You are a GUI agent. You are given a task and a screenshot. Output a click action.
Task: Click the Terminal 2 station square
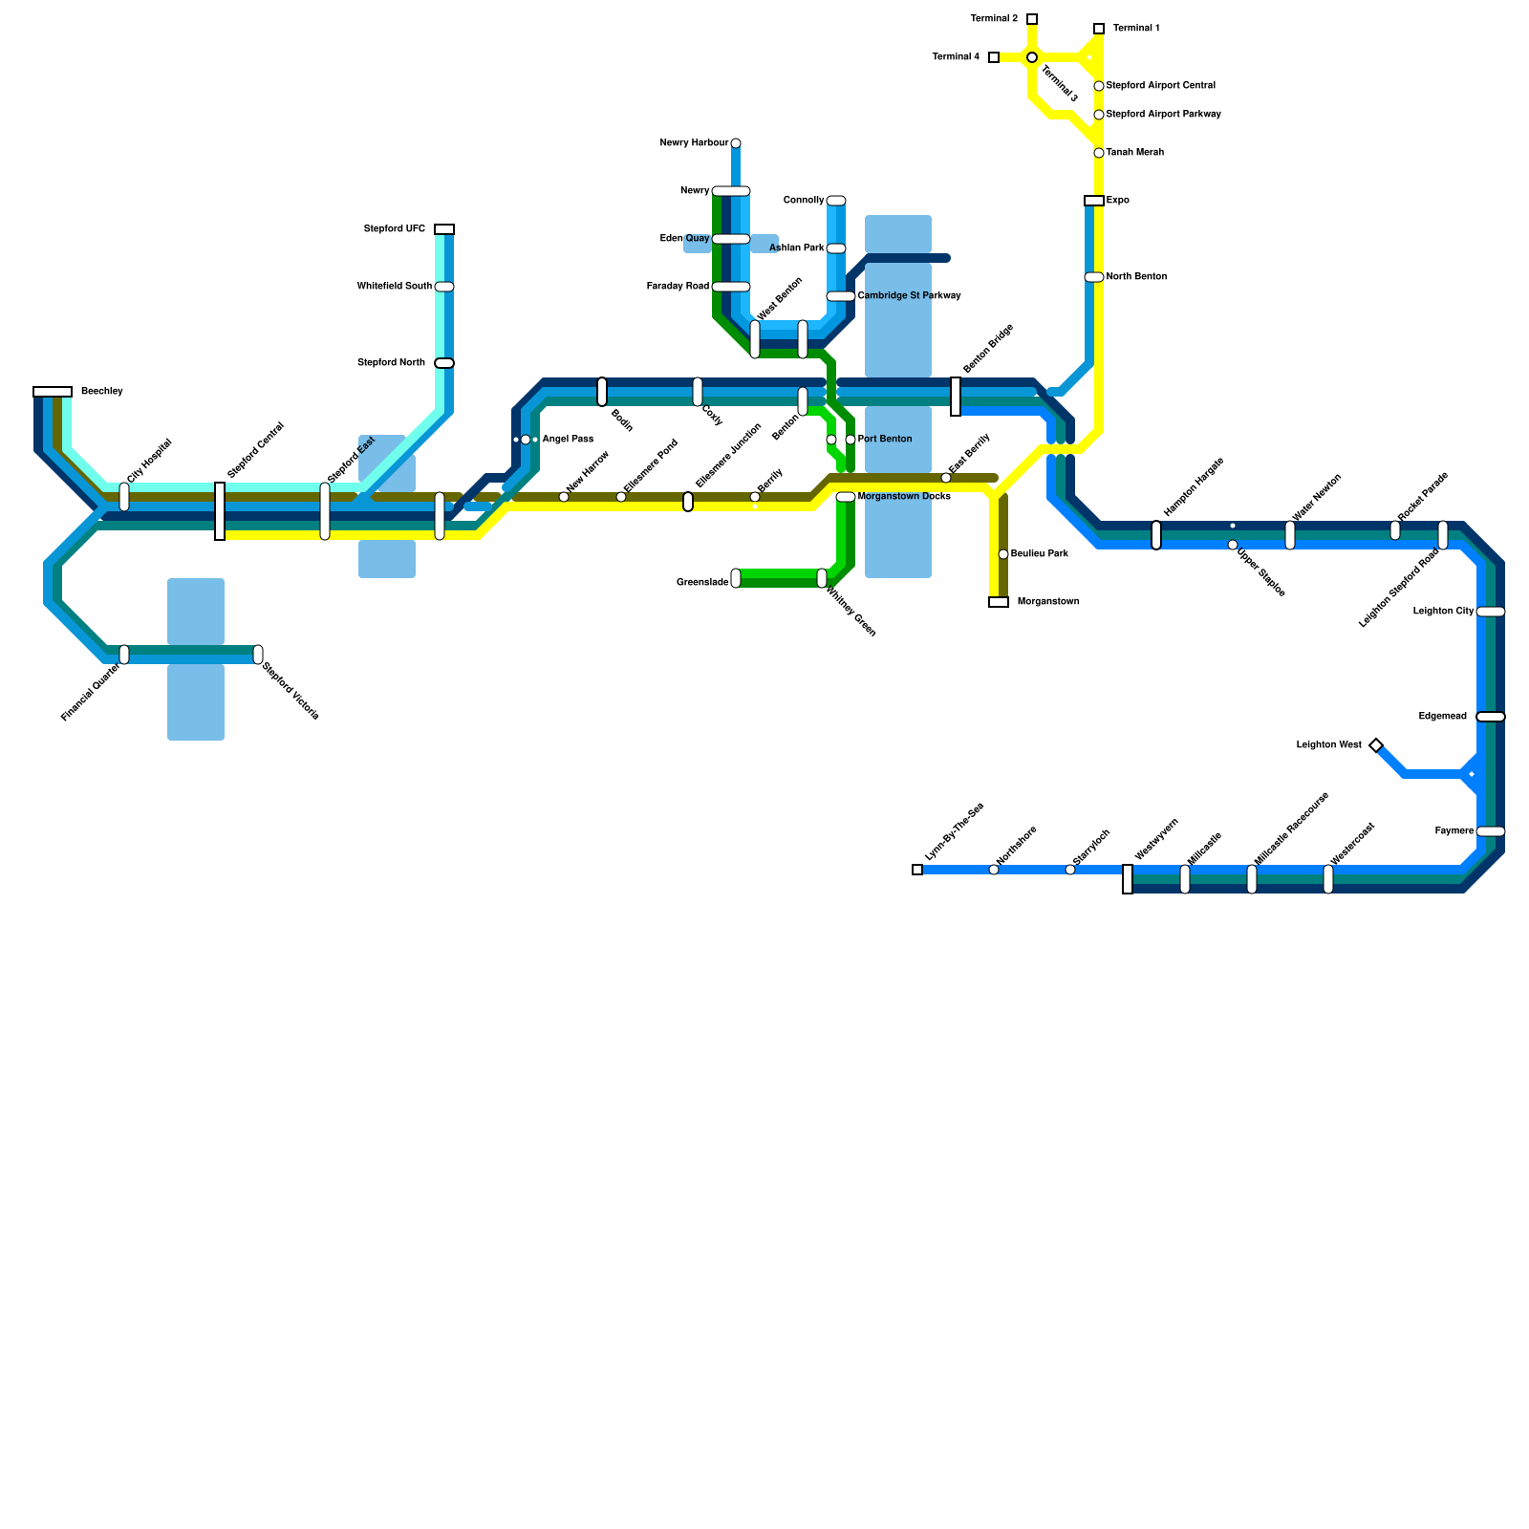1032,19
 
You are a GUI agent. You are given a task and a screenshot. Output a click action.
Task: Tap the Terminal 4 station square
994,57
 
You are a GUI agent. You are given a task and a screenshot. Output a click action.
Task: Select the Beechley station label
102,392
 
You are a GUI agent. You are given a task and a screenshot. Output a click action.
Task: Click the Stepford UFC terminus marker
444,229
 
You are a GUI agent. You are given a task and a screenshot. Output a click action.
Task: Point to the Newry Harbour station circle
736,143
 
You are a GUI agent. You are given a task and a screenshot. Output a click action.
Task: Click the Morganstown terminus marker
999,602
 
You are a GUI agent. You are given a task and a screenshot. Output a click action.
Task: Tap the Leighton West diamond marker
1376,745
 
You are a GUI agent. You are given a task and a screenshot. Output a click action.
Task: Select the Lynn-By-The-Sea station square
917,870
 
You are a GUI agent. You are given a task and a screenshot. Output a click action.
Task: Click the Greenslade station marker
736,578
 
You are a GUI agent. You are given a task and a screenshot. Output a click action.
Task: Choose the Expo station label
1118,201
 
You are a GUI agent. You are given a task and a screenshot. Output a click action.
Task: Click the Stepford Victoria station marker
258,655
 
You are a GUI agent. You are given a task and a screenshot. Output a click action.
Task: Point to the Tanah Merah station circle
1099,153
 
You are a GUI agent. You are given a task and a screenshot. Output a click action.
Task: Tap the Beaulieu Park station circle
1003,554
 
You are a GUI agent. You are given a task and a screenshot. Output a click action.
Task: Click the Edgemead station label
1442,717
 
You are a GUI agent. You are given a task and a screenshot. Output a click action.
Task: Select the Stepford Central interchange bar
220,511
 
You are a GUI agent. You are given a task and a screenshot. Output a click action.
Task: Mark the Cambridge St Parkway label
909,296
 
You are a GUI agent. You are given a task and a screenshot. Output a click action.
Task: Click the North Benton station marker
1094,277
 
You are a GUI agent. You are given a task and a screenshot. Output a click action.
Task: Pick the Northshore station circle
994,870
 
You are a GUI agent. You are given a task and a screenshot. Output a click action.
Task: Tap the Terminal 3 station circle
1032,58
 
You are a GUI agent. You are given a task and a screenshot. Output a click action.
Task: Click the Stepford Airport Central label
1160,86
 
